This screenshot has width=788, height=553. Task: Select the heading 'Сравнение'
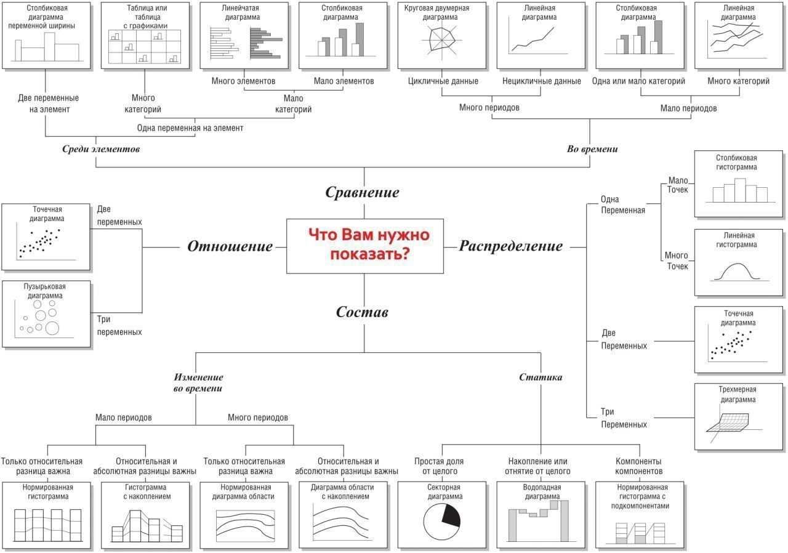click(x=362, y=192)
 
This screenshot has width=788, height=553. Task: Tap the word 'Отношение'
click(x=230, y=247)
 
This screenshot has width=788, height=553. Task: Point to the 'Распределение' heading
click(x=510, y=246)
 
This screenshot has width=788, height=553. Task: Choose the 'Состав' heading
click(x=362, y=312)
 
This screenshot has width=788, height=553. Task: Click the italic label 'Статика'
click(x=541, y=377)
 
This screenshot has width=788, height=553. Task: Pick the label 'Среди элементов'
click(x=101, y=149)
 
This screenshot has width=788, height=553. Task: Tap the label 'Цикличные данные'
click(x=443, y=81)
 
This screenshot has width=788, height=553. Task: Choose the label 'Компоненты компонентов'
click(x=638, y=466)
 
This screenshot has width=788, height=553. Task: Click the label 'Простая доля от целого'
click(x=438, y=466)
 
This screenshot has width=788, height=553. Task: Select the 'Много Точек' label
click(x=677, y=260)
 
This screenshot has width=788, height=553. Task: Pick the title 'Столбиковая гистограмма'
click(x=736, y=162)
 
